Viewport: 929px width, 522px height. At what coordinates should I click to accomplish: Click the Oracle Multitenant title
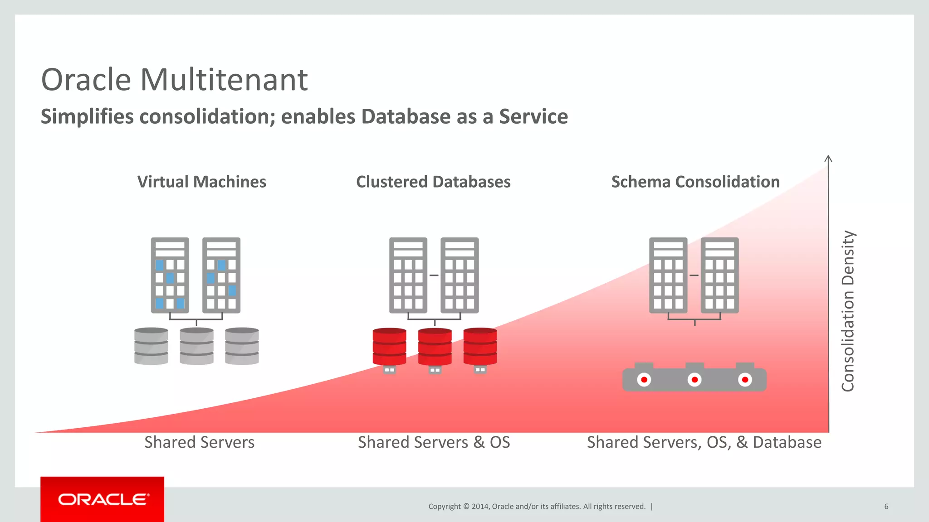174,80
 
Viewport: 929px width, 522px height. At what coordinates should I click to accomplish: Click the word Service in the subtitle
533,116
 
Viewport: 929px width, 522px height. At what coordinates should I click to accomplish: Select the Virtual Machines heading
201,182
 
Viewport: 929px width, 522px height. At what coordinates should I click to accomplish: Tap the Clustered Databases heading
433,182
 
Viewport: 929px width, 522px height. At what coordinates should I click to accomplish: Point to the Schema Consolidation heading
695,182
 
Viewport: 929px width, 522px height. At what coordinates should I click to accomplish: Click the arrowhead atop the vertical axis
828,159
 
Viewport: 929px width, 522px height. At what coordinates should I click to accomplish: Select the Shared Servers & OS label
434,442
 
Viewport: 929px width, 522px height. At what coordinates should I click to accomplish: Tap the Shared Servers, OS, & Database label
704,442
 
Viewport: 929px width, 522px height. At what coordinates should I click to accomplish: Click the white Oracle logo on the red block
103,499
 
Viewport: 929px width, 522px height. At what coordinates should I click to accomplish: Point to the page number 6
886,506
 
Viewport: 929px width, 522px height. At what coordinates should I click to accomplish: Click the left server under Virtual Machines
170,275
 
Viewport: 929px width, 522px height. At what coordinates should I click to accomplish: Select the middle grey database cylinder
196,346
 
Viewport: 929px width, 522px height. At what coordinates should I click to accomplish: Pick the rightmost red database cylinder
480,346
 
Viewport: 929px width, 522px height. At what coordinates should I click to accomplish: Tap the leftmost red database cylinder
389,346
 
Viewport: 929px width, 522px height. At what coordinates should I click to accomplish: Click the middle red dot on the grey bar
694,380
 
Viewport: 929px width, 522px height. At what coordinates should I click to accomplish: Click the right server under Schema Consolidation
719,275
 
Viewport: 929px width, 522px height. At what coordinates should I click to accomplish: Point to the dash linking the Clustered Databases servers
434,275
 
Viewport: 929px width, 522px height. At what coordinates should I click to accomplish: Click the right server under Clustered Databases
460,275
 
